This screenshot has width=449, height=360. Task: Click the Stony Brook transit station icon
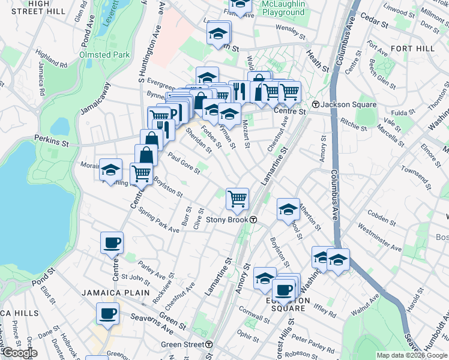(x=254, y=220)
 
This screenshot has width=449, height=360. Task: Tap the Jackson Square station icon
(x=315, y=104)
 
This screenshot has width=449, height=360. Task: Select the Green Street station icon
(x=208, y=344)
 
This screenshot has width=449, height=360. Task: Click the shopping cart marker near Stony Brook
(x=238, y=199)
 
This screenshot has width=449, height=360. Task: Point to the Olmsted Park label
(x=104, y=55)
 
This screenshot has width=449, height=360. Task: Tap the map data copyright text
(x=412, y=355)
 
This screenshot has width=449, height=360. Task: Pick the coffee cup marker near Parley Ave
(x=112, y=243)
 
